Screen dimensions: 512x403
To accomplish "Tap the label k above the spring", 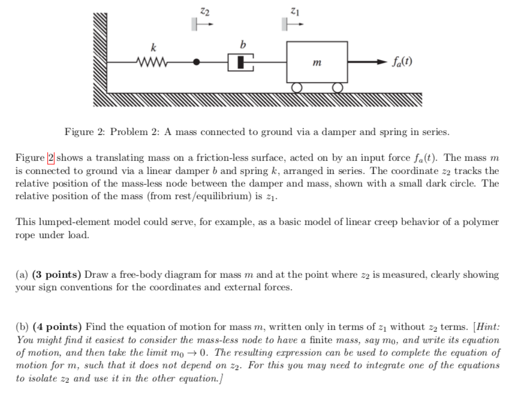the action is pyautogui.click(x=154, y=47).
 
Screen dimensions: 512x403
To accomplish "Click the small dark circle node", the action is pyautogui.click(x=198, y=61).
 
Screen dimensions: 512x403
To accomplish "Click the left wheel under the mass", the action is pyautogui.click(x=296, y=88).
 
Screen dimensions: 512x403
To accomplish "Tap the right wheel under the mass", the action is pyautogui.click(x=337, y=88).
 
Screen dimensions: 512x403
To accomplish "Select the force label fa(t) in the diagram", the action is pyautogui.click(x=401, y=62).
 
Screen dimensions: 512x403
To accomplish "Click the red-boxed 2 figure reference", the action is pyautogui.click(x=51, y=158).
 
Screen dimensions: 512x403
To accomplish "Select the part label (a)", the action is pyautogui.click(x=22, y=275).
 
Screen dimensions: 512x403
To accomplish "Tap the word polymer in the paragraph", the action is pyautogui.click(x=478, y=222).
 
